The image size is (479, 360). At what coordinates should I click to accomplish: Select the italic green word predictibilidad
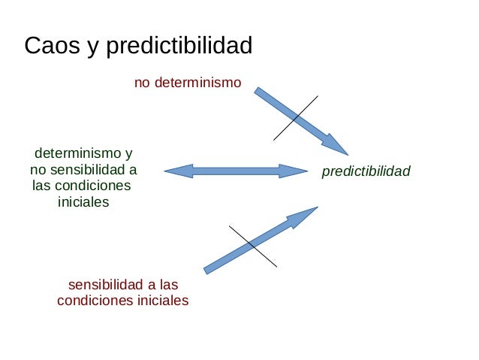pos(366,172)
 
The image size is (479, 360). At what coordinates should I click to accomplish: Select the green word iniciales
pos(83,202)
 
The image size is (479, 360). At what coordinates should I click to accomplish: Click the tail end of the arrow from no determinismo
pos(258,91)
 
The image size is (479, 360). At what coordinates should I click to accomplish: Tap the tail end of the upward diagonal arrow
pos(208,269)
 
